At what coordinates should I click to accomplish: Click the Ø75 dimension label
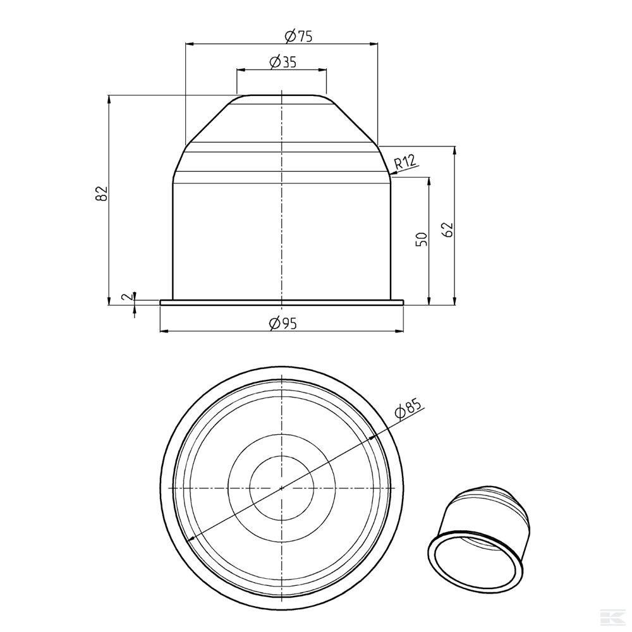(298, 36)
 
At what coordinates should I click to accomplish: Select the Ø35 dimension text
(283, 62)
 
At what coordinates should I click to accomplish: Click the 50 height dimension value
(422, 238)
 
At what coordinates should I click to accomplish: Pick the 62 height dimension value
(448, 229)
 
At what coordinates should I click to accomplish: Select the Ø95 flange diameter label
(283, 323)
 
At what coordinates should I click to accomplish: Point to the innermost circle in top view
(282, 487)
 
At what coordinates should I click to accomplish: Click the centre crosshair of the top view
(282, 487)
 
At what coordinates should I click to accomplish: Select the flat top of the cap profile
(282, 95)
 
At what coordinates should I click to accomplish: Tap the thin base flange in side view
(282, 303)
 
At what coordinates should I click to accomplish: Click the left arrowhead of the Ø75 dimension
(188, 44)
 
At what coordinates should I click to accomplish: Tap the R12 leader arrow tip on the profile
(390, 173)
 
